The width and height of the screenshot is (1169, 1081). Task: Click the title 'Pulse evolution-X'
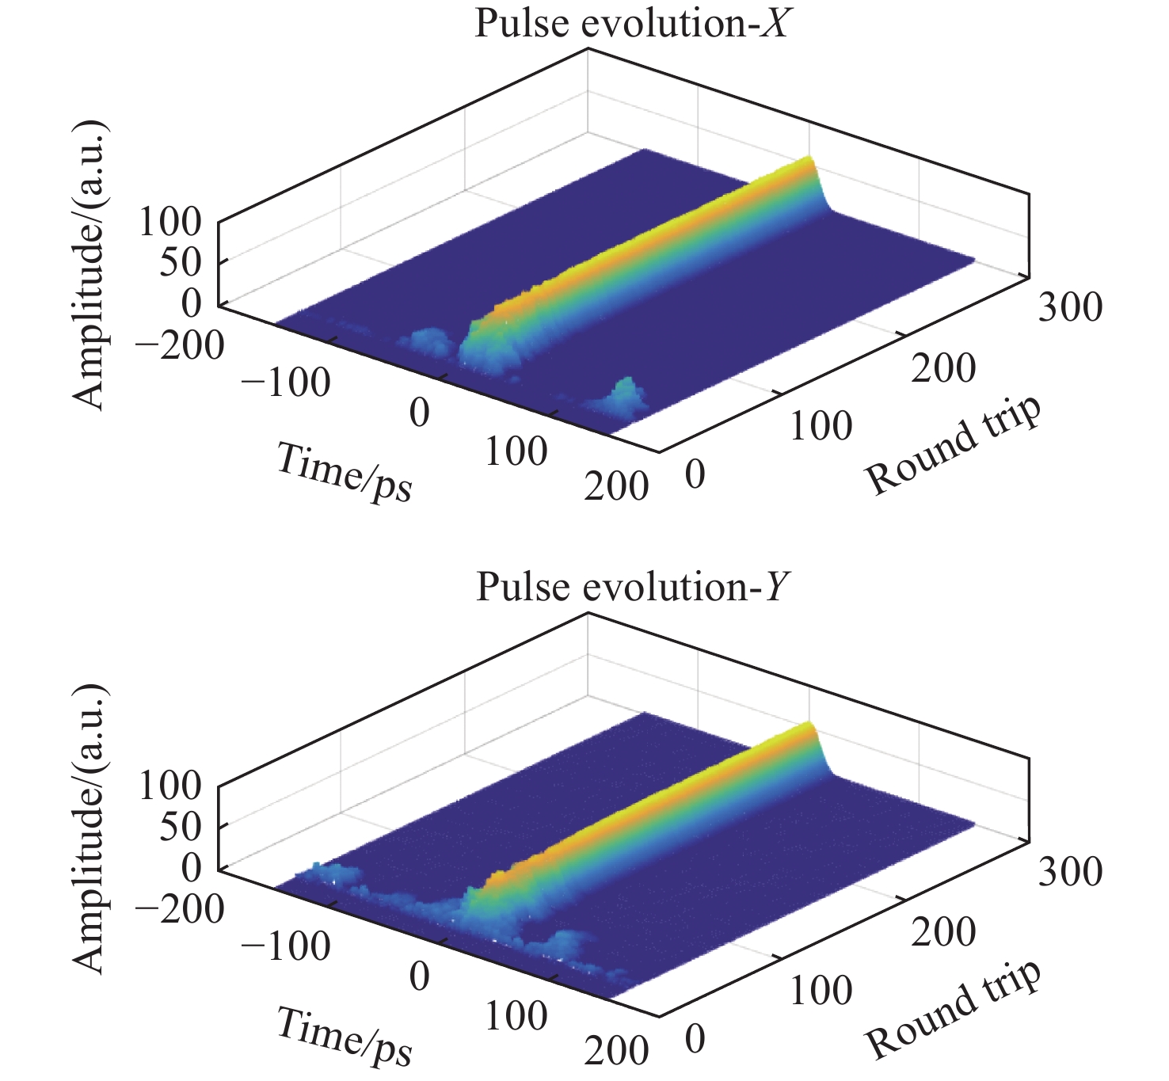[x=631, y=24]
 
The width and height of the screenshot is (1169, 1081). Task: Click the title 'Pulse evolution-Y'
[x=631, y=588]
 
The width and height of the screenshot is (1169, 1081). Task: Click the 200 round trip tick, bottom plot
[x=942, y=932]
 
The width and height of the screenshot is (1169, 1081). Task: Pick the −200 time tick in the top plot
[x=180, y=346]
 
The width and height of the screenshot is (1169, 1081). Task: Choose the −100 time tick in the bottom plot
[x=285, y=946]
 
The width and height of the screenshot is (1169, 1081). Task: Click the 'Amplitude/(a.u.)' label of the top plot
[x=89, y=265]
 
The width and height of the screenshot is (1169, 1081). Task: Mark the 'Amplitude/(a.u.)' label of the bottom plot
[x=89, y=829]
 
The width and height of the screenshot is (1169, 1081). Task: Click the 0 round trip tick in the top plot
[x=695, y=475]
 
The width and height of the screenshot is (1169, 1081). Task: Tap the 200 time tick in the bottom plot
[x=616, y=1051]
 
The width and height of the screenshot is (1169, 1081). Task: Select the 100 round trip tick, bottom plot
[x=821, y=991]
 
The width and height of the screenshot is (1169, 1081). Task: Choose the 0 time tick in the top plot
[x=419, y=413]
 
